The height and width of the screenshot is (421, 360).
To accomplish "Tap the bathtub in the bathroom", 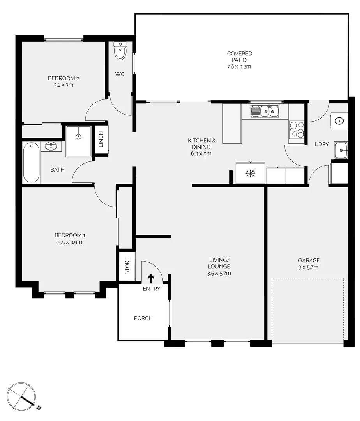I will pyautogui.click(x=31, y=163).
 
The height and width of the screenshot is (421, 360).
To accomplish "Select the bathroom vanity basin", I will pyautogui.click(x=51, y=146).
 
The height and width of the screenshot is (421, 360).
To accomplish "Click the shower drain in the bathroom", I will pyautogui.click(x=79, y=136).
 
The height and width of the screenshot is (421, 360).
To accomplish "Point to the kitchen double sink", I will pyautogui.click(x=265, y=111).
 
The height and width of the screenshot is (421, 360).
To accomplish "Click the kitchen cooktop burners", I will pyautogui.click(x=296, y=129).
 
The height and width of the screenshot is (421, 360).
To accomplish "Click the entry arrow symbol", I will pyautogui.click(x=150, y=278).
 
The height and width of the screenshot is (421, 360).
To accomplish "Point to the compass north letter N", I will pyautogui.click(x=39, y=408).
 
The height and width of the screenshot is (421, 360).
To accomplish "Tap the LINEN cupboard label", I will pyautogui.click(x=101, y=140).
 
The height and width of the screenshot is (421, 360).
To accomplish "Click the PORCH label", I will pyautogui.click(x=143, y=318).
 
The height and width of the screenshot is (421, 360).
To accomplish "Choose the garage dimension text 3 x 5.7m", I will pyautogui.click(x=309, y=267).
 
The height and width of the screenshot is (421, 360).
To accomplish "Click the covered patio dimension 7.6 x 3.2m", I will pyautogui.click(x=240, y=67).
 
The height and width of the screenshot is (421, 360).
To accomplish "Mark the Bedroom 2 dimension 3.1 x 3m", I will pyautogui.click(x=64, y=85).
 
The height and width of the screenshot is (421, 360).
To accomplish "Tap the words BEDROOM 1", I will pyautogui.click(x=70, y=235).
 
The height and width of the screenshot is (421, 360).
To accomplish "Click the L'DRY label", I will pyautogui.click(x=322, y=144).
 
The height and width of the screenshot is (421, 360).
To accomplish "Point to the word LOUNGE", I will pyautogui.click(x=219, y=266).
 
